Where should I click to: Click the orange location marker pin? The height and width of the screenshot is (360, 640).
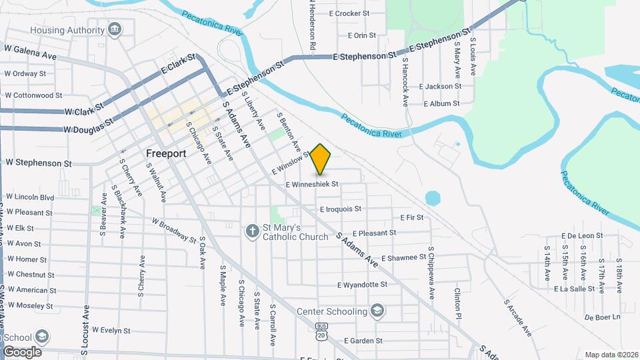321,159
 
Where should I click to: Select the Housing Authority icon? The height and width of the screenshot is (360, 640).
115,29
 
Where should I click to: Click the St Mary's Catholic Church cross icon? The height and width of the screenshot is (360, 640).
252,231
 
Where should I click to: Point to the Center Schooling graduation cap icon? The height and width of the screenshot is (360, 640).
377,311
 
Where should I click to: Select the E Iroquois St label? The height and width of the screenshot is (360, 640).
340,209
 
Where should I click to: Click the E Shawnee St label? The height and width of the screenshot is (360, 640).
403,257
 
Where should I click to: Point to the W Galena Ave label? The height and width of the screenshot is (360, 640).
31,49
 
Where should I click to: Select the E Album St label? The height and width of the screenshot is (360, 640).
441,103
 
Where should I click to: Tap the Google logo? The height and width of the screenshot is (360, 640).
22,351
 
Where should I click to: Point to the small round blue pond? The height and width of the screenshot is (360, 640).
433,198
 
